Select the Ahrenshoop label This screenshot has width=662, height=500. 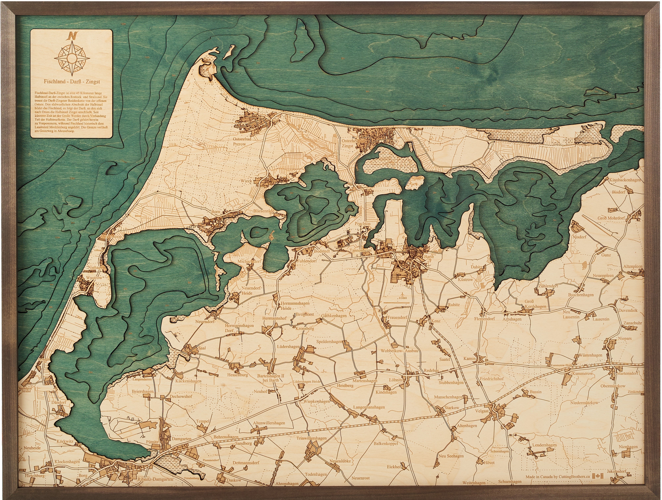pos(111,237)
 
